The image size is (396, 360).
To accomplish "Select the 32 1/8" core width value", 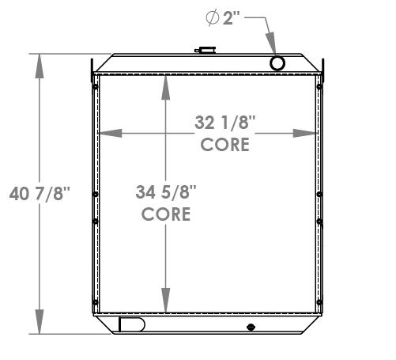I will (224, 123).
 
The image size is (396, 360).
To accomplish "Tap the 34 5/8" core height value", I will (166, 192).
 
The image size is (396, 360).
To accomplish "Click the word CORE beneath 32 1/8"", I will (224, 144).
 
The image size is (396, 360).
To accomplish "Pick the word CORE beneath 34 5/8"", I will (166, 214).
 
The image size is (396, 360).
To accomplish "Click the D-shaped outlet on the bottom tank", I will (130, 324).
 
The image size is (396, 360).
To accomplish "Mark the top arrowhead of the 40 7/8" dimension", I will (37, 63).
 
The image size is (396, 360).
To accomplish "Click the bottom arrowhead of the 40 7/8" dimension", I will (37, 324).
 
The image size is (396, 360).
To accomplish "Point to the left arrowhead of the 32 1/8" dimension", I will (106, 132).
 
